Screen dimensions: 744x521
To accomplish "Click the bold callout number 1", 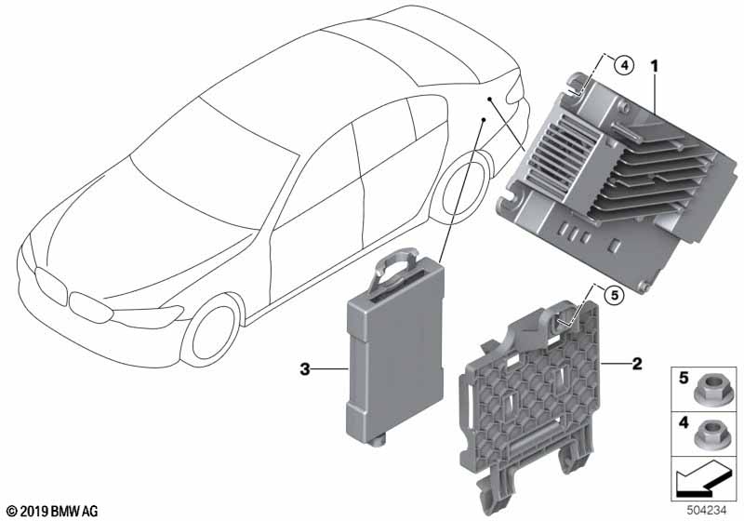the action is (655, 66).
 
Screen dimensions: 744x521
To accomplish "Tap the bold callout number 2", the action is (636, 364).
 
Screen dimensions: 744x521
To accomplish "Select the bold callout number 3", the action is (305, 368).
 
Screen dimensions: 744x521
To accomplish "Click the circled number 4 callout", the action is (624, 65).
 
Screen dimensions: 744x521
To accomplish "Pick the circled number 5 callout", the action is (615, 296).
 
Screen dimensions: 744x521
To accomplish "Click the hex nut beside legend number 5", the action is (706, 391).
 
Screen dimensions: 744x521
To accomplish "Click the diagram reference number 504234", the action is (707, 511).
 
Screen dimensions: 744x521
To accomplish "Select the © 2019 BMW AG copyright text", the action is (53, 512).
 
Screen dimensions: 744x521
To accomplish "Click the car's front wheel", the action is (211, 330).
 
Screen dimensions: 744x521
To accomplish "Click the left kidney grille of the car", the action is (50, 284).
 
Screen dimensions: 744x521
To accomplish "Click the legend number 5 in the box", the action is (684, 378).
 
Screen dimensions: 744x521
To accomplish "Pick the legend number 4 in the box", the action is (684, 422).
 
